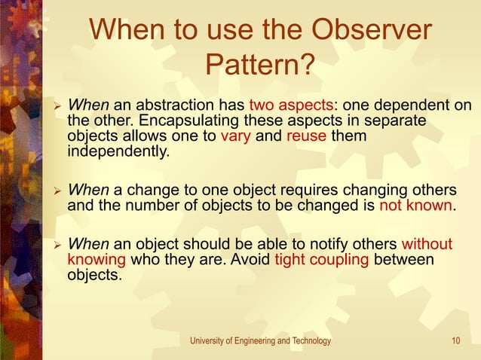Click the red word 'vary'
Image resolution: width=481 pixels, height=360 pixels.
(234, 137)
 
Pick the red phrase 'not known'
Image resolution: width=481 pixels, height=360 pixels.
(416, 206)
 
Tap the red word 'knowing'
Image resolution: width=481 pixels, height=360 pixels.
(97, 260)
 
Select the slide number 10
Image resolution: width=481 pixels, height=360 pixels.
(456, 341)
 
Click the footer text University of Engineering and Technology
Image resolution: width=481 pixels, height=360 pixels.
(260, 341)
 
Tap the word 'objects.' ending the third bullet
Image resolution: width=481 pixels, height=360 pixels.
(94, 276)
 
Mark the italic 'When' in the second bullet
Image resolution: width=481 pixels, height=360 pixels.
(88, 190)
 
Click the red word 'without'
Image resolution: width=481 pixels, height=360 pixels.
(427, 244)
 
